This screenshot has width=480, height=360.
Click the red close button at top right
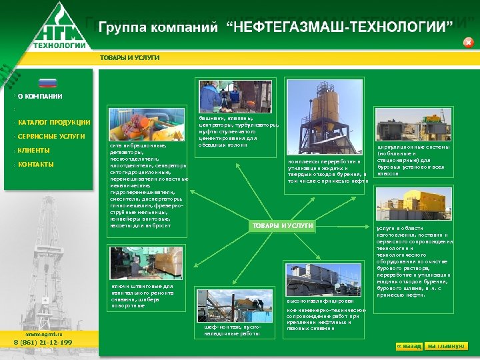[x=468, y=43]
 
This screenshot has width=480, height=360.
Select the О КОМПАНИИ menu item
[x=40, y=97]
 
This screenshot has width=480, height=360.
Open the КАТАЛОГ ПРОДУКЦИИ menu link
[x=54, y=122]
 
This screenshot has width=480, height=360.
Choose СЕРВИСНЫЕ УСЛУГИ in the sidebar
[x=51, y=137]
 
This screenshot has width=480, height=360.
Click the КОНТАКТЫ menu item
[x=36, y=165]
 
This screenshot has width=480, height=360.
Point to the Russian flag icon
[x=48, y=83]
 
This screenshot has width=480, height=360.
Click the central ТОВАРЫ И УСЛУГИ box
[x=283, y=226]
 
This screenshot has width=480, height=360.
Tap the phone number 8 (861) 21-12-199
[x=43, y=342]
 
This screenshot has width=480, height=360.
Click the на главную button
[x=447, y=346]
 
